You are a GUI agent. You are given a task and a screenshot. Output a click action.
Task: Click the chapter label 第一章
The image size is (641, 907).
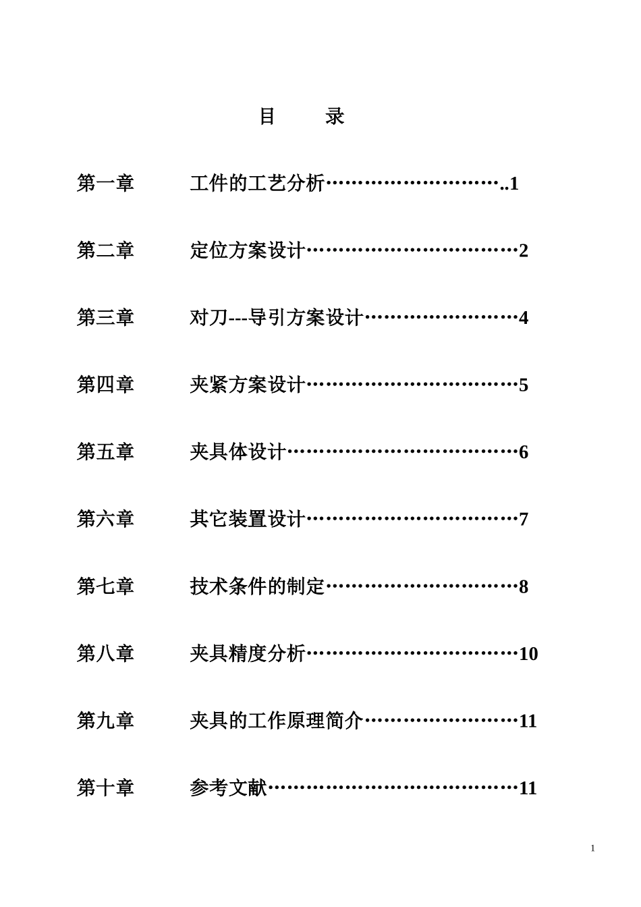(x=105, y=183)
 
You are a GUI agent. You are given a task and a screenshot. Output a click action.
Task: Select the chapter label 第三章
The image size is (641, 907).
(x=105, y=317)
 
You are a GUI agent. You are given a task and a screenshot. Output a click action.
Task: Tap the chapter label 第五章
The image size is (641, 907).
(x=105, y=451)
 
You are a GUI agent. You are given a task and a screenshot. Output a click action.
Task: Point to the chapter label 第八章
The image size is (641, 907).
(x=105, y=653)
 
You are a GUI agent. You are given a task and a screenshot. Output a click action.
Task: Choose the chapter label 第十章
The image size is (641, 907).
(x=105, y=788)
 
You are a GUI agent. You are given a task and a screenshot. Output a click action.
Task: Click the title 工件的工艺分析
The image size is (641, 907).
(x=257, y=183)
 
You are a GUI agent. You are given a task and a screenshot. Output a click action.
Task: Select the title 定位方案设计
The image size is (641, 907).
(x=248, y=250)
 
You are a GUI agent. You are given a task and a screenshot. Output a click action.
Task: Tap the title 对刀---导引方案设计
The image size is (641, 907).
(x=277, y=317)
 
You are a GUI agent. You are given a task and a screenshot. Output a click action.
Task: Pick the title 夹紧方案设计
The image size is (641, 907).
(x=248, y=385)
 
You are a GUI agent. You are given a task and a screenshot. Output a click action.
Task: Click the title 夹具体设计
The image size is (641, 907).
(x=238, y=451)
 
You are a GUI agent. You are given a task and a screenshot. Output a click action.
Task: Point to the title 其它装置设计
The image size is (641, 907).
(x=248, y=519)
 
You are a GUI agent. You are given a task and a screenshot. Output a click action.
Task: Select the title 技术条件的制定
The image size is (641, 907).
(x=257, y=586)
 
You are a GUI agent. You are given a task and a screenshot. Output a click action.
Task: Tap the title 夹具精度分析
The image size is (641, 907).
(x=248, y=653)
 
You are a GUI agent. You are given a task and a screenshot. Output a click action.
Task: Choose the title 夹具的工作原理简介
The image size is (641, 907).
(x=277, y=720)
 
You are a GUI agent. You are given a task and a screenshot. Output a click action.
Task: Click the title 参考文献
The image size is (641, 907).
(x=229, y=788)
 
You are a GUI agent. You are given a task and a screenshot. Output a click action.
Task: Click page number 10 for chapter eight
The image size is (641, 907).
(x=528, y=654)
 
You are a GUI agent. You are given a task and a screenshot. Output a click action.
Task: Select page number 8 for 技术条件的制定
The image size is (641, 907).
(x=524, y=586)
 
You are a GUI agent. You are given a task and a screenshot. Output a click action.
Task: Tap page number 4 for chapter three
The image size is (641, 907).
(x=524, y=318)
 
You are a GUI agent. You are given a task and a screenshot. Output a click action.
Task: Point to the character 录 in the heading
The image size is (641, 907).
(x=335, y=117)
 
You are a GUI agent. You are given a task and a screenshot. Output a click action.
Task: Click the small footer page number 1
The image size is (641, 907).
(x=592, y=848)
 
